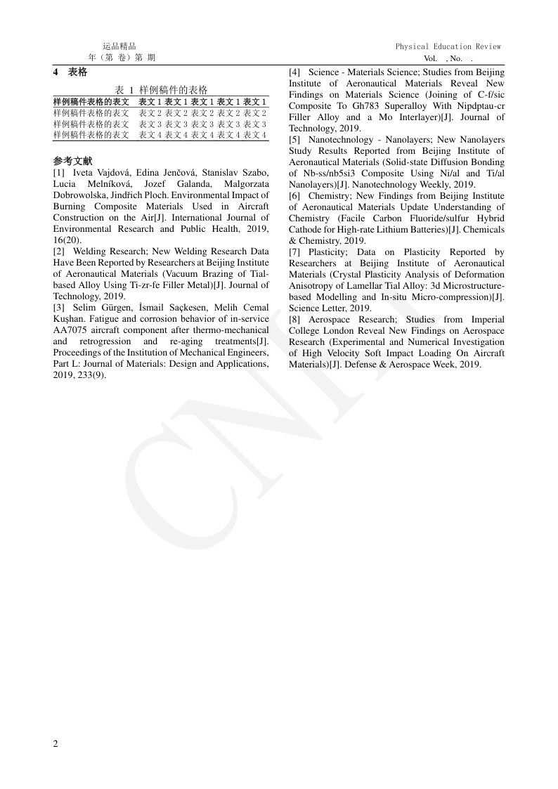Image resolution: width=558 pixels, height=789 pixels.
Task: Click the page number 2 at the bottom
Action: [56, 744]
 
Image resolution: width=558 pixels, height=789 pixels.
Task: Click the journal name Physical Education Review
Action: [448, 46]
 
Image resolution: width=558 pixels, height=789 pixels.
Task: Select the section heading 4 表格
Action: [70, 72]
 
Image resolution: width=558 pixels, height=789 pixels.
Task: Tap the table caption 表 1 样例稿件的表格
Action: [161, 90]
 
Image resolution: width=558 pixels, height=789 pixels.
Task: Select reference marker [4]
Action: [295, 72]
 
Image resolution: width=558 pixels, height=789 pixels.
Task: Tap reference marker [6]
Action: [295, 196]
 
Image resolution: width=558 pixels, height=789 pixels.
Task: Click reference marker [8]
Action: [295, 320]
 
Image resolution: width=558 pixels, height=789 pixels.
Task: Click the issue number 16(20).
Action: [67, 240]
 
